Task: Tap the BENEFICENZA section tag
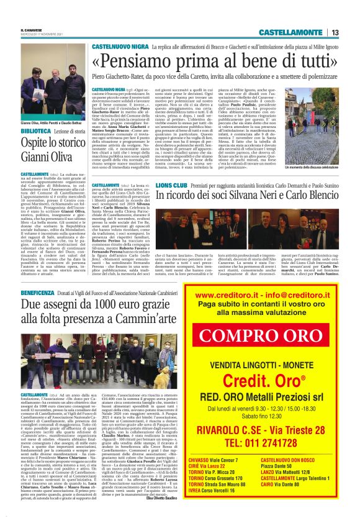pyautogui.click(x=37, y=291)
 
